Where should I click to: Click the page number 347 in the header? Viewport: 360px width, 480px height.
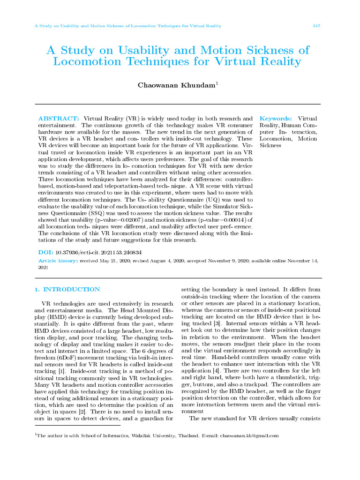click(316, 26)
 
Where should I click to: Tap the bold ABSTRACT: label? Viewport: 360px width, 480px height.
click(58, 119)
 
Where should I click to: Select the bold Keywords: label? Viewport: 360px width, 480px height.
click(276, 119)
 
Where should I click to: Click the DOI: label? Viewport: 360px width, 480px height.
click(45, 252)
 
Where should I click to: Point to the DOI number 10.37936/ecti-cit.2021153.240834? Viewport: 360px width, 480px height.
click(98, 252)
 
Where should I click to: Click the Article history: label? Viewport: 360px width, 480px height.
click(58, 261)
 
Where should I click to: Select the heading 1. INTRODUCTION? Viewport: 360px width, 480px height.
click(67, 290)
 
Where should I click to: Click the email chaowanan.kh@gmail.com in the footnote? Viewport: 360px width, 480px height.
click(249, 435)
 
